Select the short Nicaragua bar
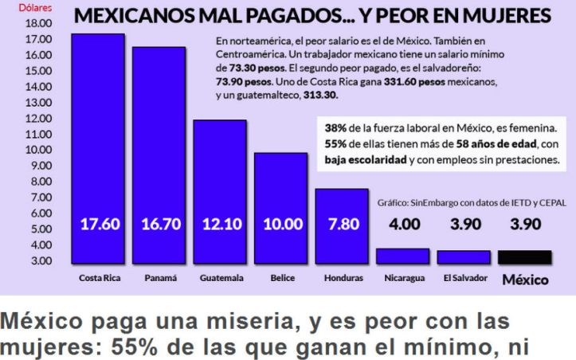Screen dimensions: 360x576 pos(402,256)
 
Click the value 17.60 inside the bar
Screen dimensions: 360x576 pos(100,224)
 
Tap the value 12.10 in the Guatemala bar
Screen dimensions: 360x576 pos(221,224)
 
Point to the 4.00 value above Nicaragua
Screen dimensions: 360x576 pos(405,224)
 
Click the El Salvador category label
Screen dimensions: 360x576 pos(463,279)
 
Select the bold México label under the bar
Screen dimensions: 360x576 pos(523,280)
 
